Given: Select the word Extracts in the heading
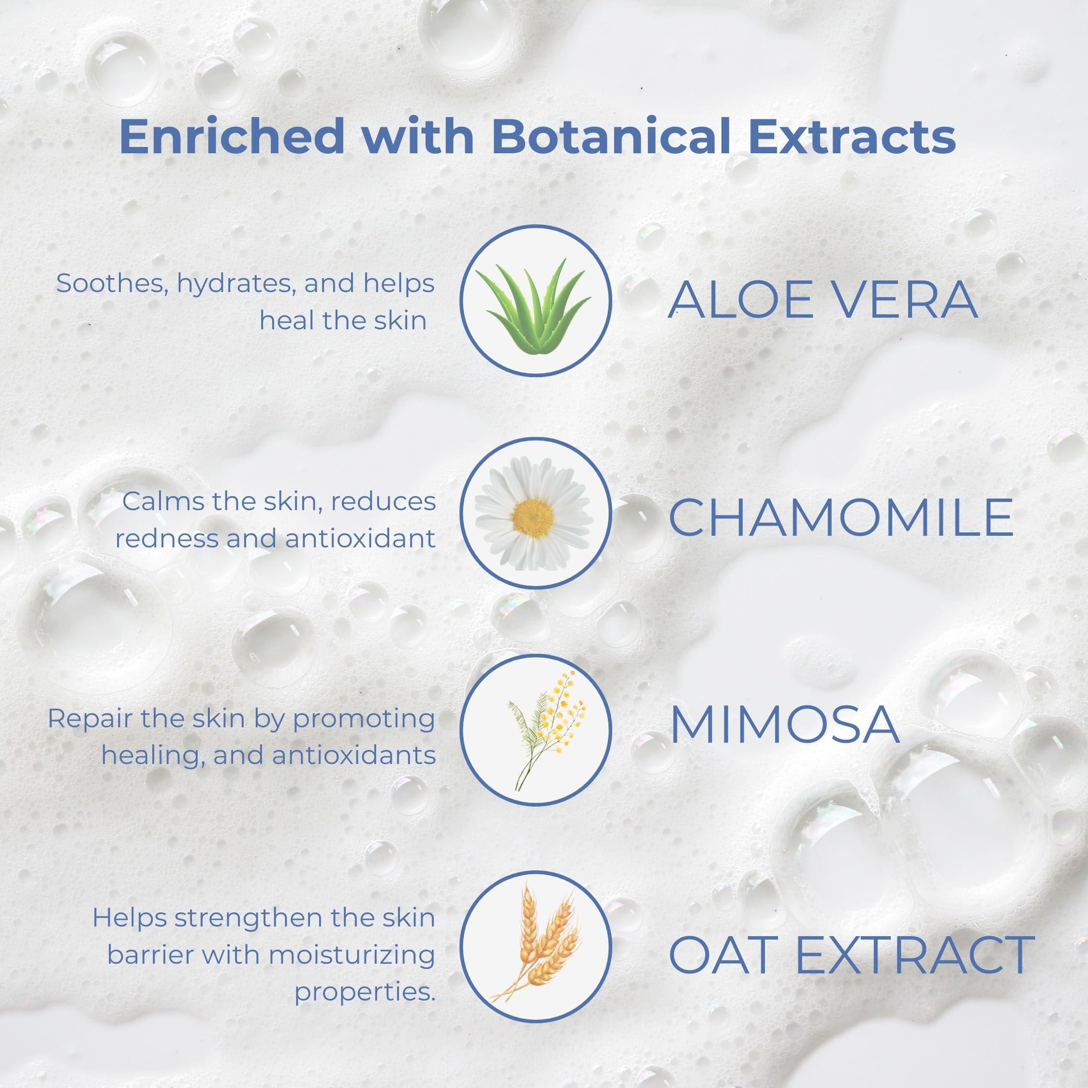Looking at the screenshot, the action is pos(852,137).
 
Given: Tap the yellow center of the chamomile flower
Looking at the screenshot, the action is pos(533,517).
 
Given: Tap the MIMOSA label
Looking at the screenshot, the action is pos(784,724).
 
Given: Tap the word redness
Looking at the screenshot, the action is pos(168,538).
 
